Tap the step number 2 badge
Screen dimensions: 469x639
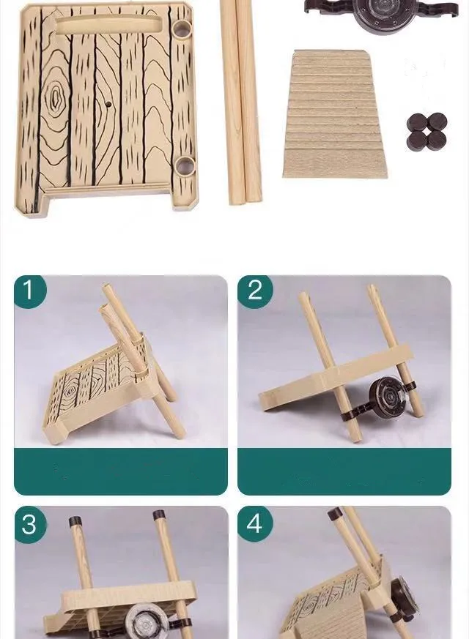tap(255, 291)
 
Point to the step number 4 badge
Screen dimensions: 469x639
tap(255, 523)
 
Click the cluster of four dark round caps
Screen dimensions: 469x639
tap(427, 131)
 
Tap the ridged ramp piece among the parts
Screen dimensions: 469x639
tap(335, 114)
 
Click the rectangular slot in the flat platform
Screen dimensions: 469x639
tap(106, 26)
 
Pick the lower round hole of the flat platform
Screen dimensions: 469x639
tap(185, 167)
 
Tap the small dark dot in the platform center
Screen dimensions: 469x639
tap(108, 105)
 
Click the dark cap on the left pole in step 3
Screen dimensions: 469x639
tap(75, 521)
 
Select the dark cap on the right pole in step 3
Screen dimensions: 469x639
tap(159, 515)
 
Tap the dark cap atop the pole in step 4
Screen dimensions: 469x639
tap(335, 513)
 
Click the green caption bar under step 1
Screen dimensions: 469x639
tap(121, 471)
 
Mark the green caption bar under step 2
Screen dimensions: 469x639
tap(344, 471)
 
